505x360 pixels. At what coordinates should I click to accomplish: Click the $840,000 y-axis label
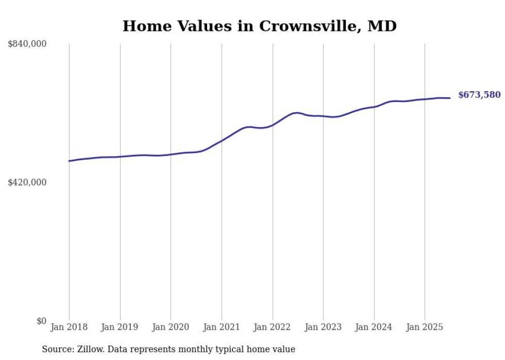point(27,44)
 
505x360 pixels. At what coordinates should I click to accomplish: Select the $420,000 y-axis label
point(27,183)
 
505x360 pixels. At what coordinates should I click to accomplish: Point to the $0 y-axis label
point(41,321)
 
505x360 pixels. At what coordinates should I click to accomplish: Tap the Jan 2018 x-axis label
point(69,327)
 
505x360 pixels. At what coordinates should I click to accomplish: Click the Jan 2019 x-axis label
point(120,327)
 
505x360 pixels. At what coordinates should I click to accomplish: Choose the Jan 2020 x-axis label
point(171,327)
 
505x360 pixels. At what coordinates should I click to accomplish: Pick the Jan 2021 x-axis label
point(222,327)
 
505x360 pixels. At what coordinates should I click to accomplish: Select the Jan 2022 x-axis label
point(273,327)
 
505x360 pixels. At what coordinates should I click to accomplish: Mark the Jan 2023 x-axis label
point(323,327)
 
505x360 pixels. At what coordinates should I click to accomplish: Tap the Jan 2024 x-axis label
point(374,327)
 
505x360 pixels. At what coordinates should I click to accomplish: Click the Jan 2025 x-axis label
point(425,327)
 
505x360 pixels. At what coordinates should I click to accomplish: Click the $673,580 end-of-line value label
point(479,95)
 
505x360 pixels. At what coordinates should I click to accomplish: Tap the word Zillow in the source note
point(90,350)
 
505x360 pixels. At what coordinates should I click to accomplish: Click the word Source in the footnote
point(57,350)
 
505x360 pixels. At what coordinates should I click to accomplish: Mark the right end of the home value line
point(450,98)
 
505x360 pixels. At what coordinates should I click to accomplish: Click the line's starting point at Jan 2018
point(69,161)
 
